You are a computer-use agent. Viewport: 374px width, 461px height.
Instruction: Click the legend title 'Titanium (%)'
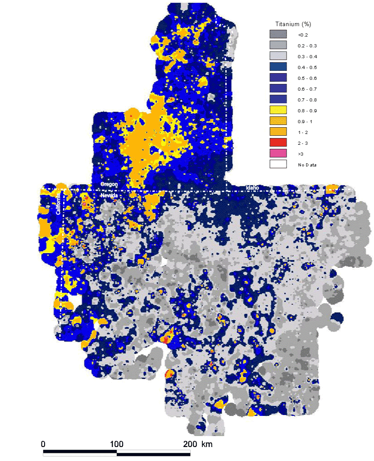click(x=293, y=23)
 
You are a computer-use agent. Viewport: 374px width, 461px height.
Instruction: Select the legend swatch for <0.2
click(x=278, y=34)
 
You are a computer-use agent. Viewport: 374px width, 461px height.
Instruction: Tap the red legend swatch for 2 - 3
click(x=278, y=143)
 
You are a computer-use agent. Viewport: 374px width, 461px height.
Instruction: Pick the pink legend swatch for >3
click(x=278, y=153)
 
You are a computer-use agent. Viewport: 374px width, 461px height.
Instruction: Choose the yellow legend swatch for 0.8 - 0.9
click(x=278, y=110)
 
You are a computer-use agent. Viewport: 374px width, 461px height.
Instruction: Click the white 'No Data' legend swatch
click(x=278, y=164)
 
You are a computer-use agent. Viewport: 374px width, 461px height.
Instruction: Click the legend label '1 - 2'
click(x=302, y=132)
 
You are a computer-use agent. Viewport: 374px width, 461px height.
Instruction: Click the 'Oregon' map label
click(x=109, y=185)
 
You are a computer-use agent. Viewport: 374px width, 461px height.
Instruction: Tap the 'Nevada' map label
click(x=109, y=195)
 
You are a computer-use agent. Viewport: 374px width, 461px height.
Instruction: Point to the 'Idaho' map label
click(x=252, y=187)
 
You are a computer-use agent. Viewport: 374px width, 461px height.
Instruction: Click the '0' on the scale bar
click(x=43, y=444)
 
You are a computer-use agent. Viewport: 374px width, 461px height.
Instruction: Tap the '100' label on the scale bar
click(x=117, y=444)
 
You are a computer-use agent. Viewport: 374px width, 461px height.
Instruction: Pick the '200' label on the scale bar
click(x=190, y=444)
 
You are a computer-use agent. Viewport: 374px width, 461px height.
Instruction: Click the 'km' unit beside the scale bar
click(x=207, y=444)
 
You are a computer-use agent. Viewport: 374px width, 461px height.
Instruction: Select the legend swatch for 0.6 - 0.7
click(x=278, y=88)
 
